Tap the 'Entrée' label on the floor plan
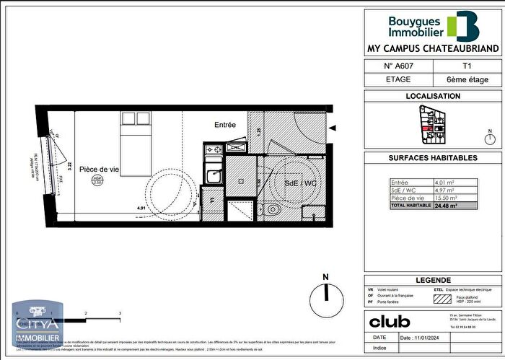tap(225, 125)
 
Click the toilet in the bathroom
tap(274, 210)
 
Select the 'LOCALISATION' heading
tap(433, 96)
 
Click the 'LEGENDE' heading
tap(433, 280)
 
